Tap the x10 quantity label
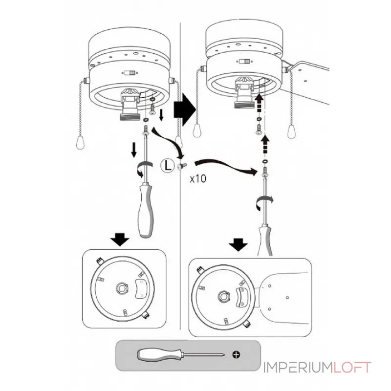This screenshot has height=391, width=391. [198, 178]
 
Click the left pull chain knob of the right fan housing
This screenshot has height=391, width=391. [198, 132]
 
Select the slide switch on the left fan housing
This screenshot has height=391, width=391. [129, 73]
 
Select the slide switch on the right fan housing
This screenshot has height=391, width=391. [244, 62]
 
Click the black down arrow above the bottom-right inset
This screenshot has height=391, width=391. [239, 244]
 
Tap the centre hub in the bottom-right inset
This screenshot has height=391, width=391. [224, 296]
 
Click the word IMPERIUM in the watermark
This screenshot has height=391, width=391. [298, 368]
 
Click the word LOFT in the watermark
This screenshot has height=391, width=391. [353, 368]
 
